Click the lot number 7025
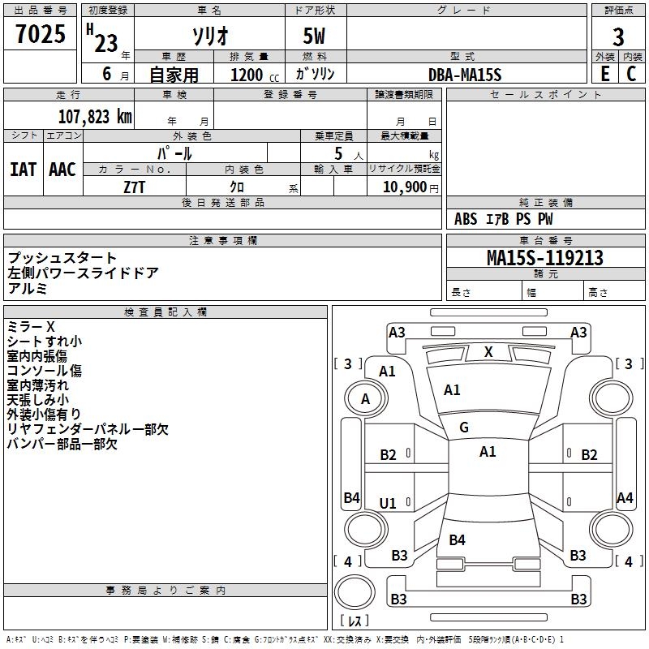pyautogui.click(x=41, y=34)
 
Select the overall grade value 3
pyautogui.click(x=618, y=37)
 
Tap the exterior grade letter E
pyautogui.click(x=604, y=74)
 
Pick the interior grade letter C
pyautogui.click(x=631, y=74)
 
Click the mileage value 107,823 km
pyautogui.click(x=95, y=117)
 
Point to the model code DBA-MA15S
pyautogui.click(x=465, y=75)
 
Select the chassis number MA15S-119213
pyautogui.click(x=545, y=257)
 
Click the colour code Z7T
pyautogui.click(x=134, y=187)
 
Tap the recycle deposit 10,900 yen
pyautogui.click(x=410, y=187)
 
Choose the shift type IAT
pyautogui.click(x=23, y=170)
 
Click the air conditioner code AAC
pyautogui.click(x=62, y=170)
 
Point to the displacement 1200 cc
pyautogui.click(x=255, y=75)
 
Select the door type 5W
pyautogui.click(x=314, y=36)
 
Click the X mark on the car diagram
pyautogui.click(x=488, y=352)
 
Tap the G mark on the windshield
pyautogui.click(x=464, y=427)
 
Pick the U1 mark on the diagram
pyautogui.click(x=388, y=503)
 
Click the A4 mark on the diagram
pyautogui.click(x=625, y=497)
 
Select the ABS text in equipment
pyautogui.click(x=466, y=219)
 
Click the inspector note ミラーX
pyautogui.click(x=31, y=327)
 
